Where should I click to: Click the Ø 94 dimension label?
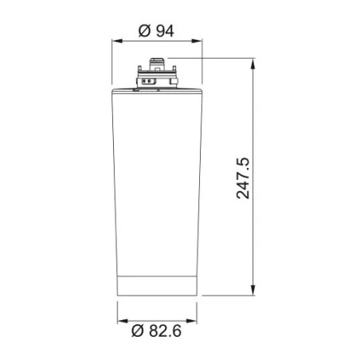pos(156,31)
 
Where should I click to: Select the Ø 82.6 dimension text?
pos(157,331)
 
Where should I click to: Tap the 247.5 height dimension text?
pos(243,178)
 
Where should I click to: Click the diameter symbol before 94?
pos(145,31)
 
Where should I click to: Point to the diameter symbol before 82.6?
pos(138,331)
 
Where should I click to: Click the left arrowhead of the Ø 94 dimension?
pos(117,41)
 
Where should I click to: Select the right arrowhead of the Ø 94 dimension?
pos(197,41)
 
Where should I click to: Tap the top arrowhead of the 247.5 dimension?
pos(253,64)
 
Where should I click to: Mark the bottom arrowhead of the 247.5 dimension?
pos(253,290)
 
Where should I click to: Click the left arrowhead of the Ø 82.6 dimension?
pos(123,321)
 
